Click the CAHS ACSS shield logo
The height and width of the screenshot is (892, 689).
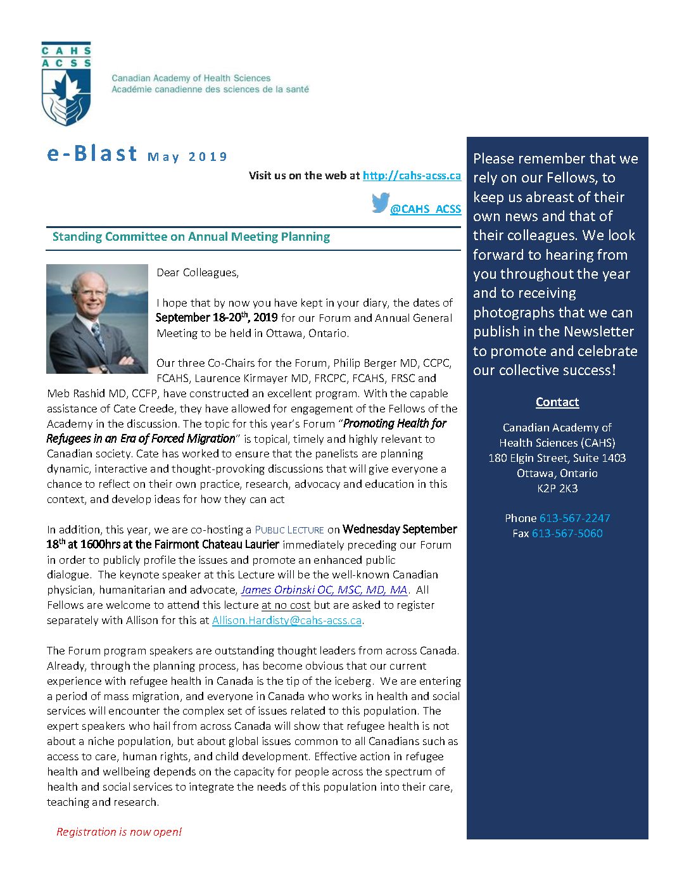tap(66, 84)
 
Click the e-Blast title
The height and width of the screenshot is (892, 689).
tap(92, 154)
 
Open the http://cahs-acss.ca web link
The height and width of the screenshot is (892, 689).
tap(412, 175)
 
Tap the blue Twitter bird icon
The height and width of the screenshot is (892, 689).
tap(380, 203)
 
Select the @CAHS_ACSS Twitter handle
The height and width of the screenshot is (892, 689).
tap(426, 209)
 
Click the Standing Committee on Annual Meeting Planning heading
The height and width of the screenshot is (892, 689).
tap(191, 237)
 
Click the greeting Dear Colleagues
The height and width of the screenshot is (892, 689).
tap(198, 272)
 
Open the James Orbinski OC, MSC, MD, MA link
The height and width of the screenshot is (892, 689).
tap(324, 590)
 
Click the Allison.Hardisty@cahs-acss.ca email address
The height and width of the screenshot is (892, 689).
tap(287, 620)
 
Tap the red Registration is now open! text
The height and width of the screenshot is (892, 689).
tap(119, 832)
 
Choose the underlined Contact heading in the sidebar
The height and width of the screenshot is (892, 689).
tap(557, 402)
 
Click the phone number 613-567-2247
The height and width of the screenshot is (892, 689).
tap(574, 518)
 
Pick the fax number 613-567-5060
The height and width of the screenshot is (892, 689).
tap(567, 533)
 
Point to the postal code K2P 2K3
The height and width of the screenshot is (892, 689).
tap(557, 488)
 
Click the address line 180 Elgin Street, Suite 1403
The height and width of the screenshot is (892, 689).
tap(557, 458)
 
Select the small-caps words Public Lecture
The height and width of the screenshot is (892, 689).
tap(289, 530)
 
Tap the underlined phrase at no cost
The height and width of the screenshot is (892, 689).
tap(286, 605)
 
